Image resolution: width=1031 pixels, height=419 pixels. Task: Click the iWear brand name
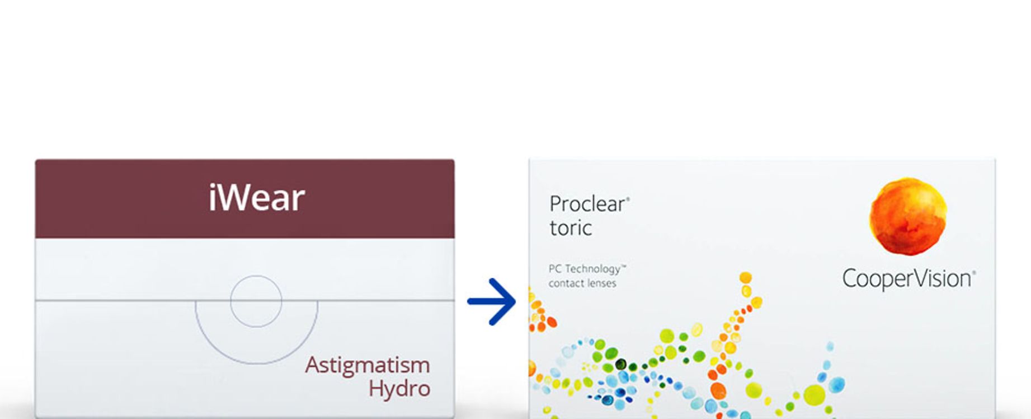click(257, 198)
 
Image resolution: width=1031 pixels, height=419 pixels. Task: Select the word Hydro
click(399, 389)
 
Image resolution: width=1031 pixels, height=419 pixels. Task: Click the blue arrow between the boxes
click(492, 301)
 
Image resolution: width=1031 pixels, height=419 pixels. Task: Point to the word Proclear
click(589, 204)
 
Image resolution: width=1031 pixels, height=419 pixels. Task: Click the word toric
click(571, 228)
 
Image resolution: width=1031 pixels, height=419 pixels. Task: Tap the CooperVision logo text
click(909, 279)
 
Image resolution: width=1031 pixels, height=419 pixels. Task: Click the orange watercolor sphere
click(907, 216)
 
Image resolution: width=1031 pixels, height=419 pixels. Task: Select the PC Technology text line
click(587, 269)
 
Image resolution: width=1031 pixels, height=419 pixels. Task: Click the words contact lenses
click(582, 283)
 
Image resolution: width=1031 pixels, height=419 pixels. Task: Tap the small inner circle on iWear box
click(256, 276)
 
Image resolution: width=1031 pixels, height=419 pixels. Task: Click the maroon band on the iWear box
click(245, 199)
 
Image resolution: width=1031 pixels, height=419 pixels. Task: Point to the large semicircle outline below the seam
click(256, 364)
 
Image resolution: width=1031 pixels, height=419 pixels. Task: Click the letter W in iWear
click(236, 198)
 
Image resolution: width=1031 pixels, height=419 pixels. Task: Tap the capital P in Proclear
click(555, 204)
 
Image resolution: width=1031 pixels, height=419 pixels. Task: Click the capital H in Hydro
click(376, 388)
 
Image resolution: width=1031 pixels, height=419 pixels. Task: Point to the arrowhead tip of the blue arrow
click(516, 301)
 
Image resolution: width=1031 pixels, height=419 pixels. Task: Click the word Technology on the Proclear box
click(595, 269)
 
